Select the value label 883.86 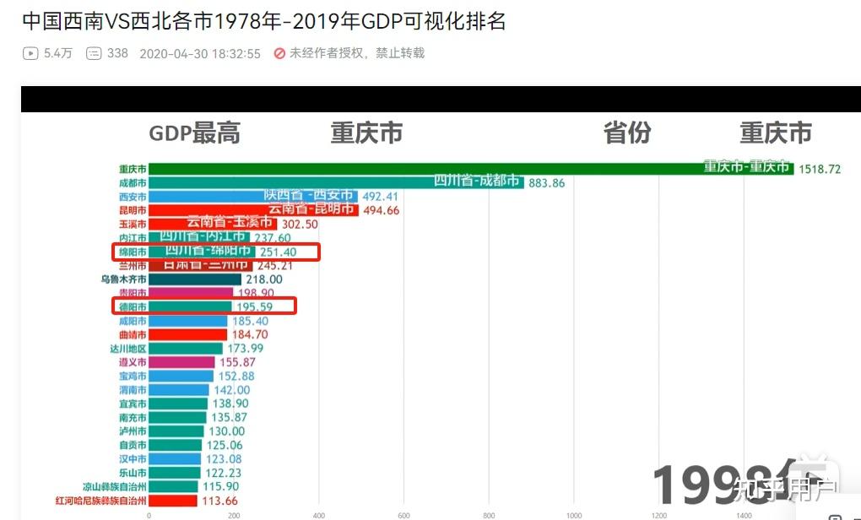(x=546, y=183)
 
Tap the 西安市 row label (x=133, y=197)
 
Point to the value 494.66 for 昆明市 (x=381, y=210)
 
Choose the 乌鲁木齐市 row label (x=123, y=279)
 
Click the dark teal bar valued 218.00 (x=195, y=279)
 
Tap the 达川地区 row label (x=127, y=349)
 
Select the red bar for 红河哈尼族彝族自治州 (x=173, y=501)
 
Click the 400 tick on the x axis (x=319, y=515)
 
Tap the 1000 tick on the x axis (x=574, y=515)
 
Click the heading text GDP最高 (x=194, y=133)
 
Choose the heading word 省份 (x=627, y=133)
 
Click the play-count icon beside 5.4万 (x=30, y=53)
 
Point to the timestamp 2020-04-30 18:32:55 (x=199, y=53)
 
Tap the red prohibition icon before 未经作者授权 (x=279, y=53)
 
